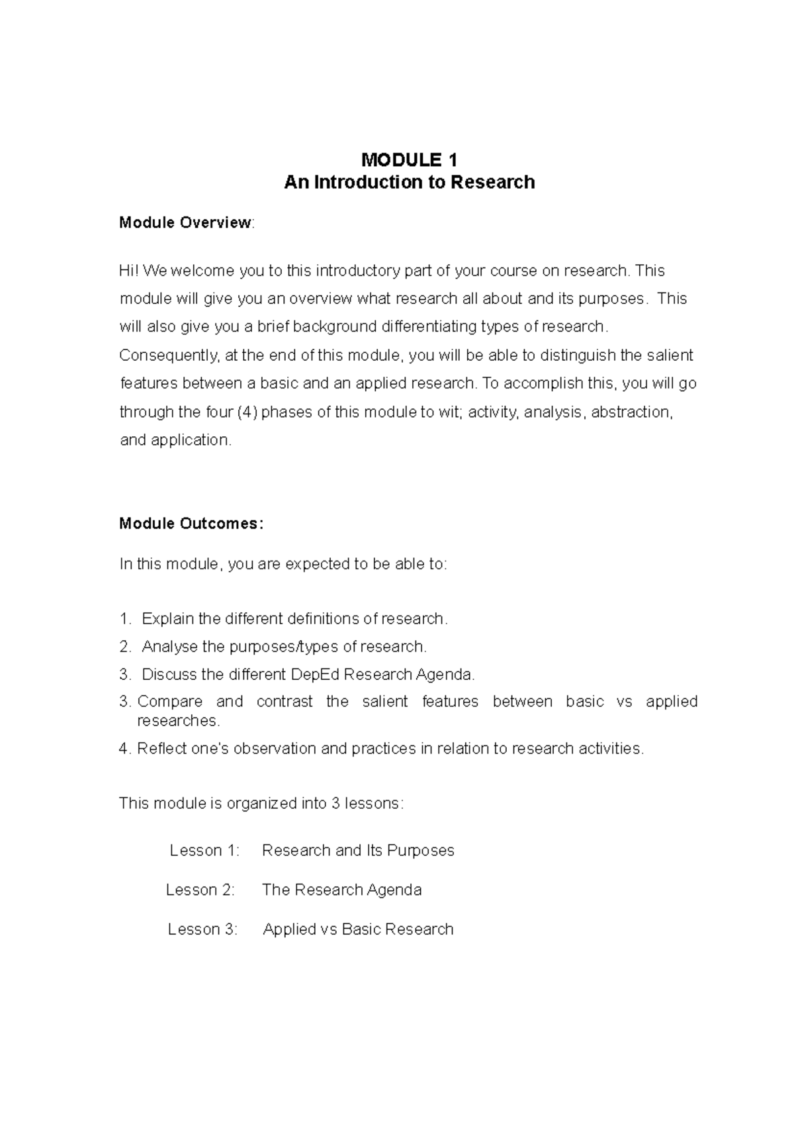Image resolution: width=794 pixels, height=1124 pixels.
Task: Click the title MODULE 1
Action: coord(409,160)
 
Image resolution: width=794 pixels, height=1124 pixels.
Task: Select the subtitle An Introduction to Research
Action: coord(409,182)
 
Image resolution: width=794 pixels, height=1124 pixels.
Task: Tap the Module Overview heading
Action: coord(185,222)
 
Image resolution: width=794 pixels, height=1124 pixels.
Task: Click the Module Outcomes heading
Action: coord(191,524)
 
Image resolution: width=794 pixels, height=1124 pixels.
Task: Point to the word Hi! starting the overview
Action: coord(129,271)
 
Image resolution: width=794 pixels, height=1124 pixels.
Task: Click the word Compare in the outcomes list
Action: coord(169,702)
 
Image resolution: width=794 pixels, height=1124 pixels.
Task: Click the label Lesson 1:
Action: coord(204,851)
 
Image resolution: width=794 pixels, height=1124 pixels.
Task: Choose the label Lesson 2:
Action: coord(200,890)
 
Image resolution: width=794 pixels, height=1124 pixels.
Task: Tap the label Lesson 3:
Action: coord(202,929)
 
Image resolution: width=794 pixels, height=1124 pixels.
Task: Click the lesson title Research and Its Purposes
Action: coord(358,851)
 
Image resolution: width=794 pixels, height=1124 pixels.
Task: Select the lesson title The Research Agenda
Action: coord(341,890)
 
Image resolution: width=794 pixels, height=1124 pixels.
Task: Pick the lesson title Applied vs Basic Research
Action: coord(358,929)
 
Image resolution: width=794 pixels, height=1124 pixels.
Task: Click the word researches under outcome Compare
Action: coord(177,720)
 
